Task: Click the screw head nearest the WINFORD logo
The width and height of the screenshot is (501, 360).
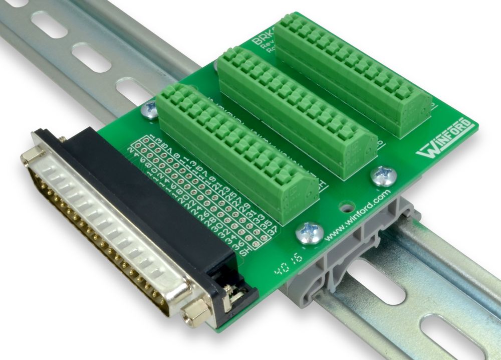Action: pyautogui.click(x=383, y=176)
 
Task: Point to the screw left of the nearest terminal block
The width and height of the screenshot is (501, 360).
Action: pyautogui.click(x=150, y=110)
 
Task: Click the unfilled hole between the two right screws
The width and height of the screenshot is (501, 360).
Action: pyautogui.click(x=345, y=206)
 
